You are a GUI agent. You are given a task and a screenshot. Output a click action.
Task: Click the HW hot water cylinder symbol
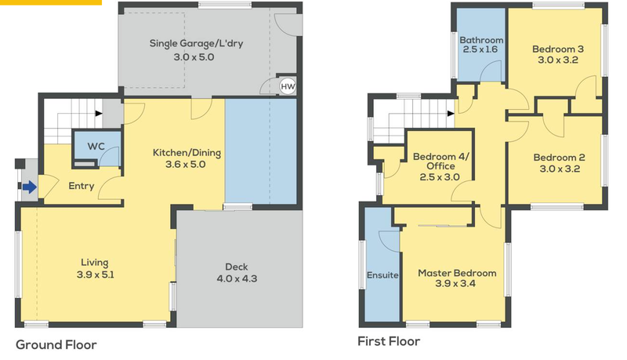[x=288, y=86]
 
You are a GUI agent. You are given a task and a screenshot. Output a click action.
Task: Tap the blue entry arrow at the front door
[x=30, y=187]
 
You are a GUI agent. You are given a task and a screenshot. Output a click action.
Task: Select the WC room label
[x=96, y=147]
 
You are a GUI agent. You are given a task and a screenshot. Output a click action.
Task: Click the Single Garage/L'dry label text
[x=197, y=43]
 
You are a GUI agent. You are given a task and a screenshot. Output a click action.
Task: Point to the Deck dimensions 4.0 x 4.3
[x=237, y=278]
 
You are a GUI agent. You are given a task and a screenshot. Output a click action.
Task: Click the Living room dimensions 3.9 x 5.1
[x=95, y=275]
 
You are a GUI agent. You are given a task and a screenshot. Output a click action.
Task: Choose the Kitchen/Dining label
[x=187, y=153]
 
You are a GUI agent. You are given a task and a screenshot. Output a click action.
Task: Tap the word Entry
[x=82, y=186]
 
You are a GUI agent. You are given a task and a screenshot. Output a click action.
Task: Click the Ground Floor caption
[x=56, y=345]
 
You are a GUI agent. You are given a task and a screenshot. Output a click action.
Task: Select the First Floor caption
[x=389, y=341]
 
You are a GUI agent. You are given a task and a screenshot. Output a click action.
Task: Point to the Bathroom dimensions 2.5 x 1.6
[x=480, y=49]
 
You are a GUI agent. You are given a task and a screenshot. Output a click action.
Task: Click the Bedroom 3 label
[x=558, y=49]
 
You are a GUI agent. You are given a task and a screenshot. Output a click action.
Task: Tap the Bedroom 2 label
[x=559, y=158]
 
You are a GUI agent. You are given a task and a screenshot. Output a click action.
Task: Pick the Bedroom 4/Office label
[x=440, y=162]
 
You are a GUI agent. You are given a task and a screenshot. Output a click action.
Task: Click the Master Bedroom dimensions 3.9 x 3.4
[x=455, y=284]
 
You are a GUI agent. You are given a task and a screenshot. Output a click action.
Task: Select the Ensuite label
[x=382, y=275]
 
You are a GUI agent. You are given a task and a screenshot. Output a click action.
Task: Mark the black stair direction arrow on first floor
[x=451, y=114]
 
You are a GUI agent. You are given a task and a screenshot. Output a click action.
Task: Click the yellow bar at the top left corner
[x=51, y=2]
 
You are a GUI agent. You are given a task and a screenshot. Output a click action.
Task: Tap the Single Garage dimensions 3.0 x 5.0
[x=194, y=57]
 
